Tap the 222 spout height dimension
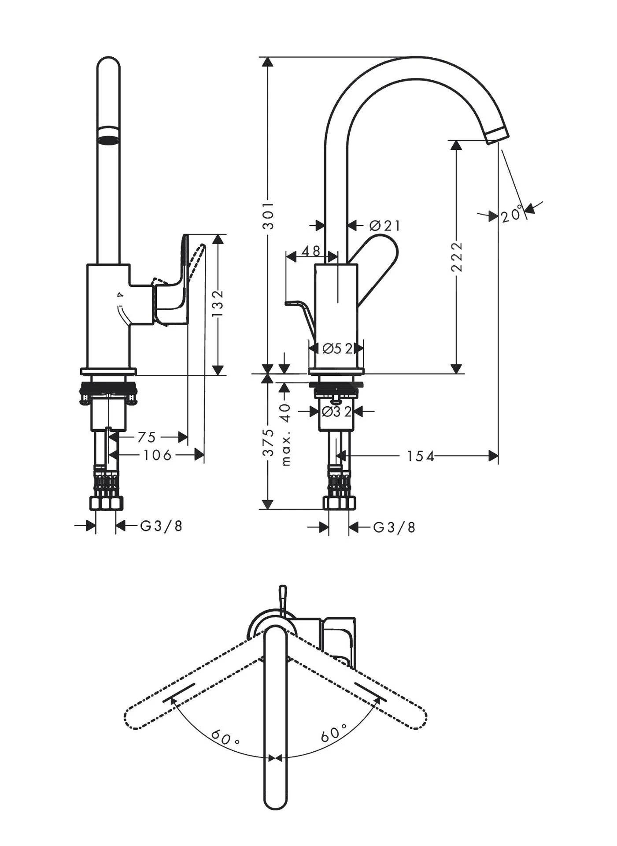(x=458, y=257)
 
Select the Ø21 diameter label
(x=384, y=226)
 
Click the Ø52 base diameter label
(x=337, y=349)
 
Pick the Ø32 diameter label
(x=336, y=412)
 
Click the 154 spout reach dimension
(x=420, y=456)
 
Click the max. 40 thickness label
(x=286, y=434)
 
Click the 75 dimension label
(x=147, y=437)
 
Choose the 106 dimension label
(x=157, y=455)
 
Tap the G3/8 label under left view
(x=161, y=526)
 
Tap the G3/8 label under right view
(x=394, y=527)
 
